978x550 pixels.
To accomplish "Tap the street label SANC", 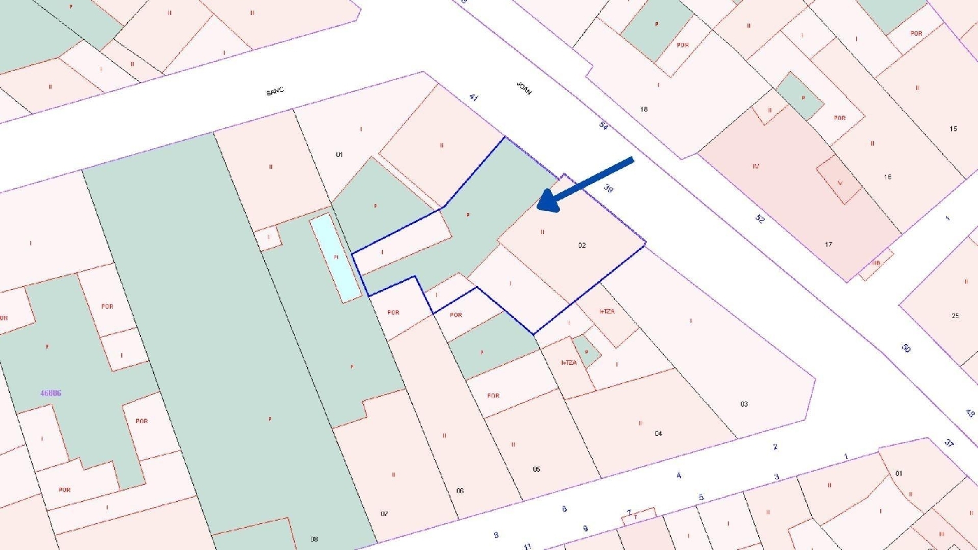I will (275, 92).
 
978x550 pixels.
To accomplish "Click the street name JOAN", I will (524, 89).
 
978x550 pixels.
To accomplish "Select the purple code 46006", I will (51, 394).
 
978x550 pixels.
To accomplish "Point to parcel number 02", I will (582, 246).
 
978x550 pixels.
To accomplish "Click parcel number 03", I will (744, 404).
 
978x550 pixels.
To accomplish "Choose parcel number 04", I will (659, 433).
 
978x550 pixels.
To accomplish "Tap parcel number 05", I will (537, 469).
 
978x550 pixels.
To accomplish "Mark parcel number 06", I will (460, 491).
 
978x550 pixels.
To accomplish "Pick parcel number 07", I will (385, 514).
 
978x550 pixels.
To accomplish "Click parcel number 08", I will (314, 539).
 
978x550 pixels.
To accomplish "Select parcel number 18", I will (644, 109).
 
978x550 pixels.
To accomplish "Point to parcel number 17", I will (828, 244).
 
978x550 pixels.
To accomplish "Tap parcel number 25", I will (955, 316).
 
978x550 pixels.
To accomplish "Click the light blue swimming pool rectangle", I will (336, 257).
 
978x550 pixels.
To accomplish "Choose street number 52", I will (760, 218).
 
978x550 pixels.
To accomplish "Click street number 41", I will (474, 98).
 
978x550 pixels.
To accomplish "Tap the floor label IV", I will (756, 166).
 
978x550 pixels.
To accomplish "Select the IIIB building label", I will (876, 263).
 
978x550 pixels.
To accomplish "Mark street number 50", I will (906, 349).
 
